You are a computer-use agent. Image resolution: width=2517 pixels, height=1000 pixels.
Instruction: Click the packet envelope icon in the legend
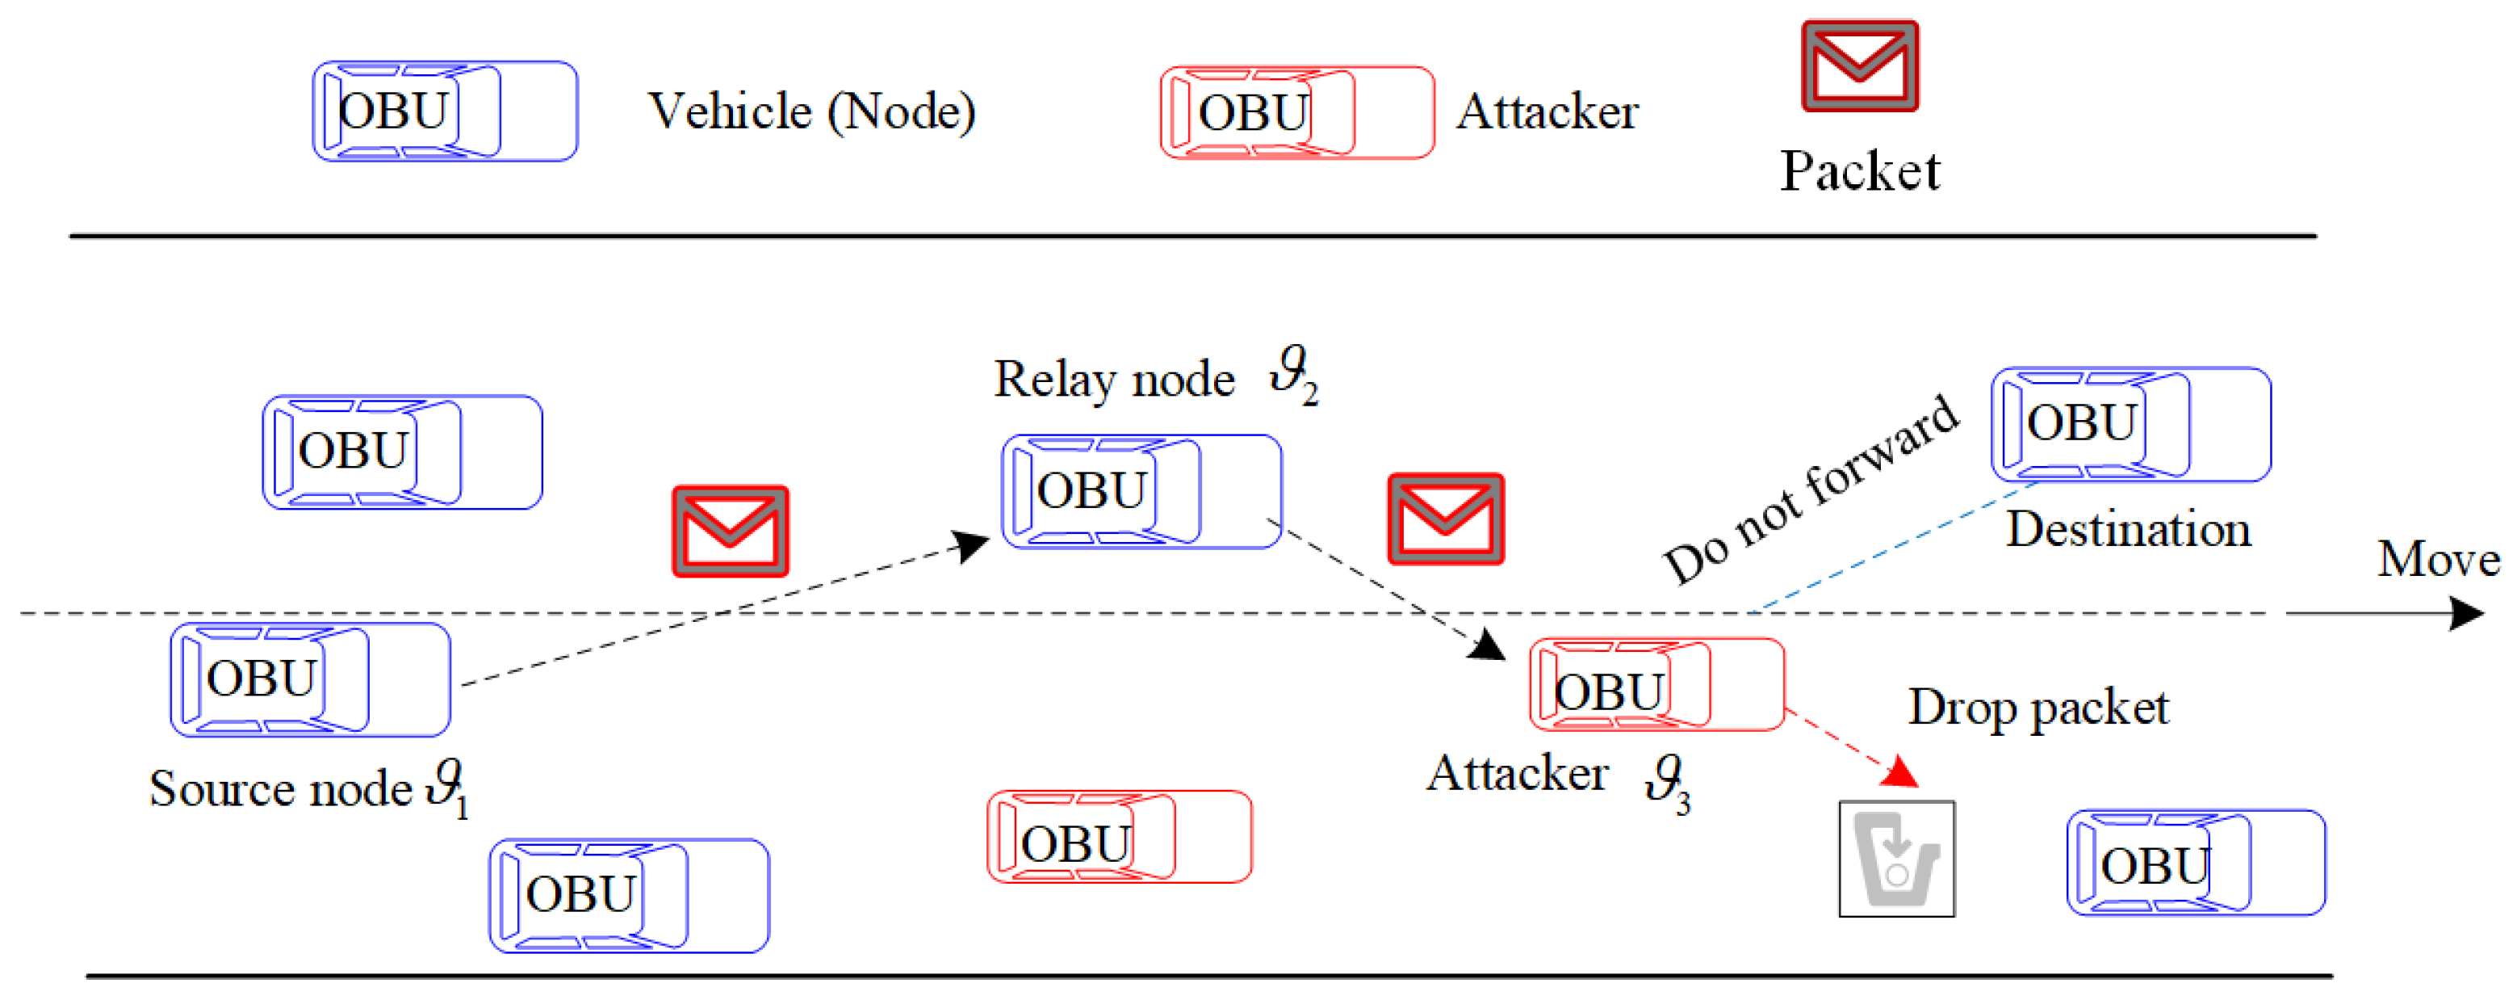[1859, 65]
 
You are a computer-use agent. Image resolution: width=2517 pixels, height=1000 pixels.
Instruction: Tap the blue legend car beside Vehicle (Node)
[445, 111]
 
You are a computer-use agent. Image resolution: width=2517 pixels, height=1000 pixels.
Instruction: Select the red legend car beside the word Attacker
[1296, 112]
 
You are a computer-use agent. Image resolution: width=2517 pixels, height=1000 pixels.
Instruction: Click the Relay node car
[1141, 491]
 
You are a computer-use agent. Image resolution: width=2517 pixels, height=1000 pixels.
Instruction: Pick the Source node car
[310, 679]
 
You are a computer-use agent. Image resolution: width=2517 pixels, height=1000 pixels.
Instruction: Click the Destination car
[2131, 424]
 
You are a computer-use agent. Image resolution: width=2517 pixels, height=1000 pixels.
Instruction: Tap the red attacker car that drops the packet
[1657, 684]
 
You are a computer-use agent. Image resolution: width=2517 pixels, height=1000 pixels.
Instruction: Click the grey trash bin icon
[1896, 859]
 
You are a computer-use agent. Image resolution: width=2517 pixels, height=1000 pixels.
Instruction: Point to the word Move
[2438, 560]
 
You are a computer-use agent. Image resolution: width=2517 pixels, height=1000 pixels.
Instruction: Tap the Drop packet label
[2038, 708]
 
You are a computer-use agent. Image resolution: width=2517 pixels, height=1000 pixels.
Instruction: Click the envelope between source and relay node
[730, 531]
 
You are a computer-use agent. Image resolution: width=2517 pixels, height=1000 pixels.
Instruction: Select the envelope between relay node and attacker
[1446, 519]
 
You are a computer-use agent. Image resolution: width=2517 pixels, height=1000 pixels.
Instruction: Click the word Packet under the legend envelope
[1859, 171]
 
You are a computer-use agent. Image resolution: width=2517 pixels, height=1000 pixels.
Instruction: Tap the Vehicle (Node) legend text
[812, 111]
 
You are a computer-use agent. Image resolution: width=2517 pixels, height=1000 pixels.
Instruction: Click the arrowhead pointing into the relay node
[971, 545]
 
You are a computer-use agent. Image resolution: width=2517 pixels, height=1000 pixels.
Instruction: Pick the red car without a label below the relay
[1119, 837]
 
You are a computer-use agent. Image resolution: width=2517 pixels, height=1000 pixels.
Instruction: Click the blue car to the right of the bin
[2196, 862]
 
